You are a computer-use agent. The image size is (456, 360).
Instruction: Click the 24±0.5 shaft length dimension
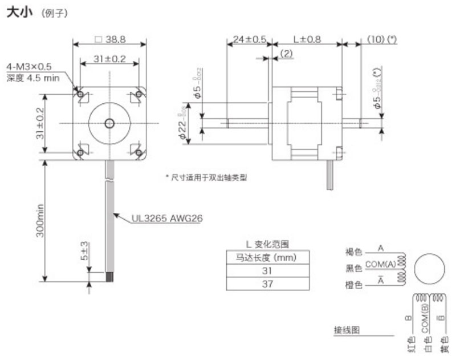[x=249, y=40]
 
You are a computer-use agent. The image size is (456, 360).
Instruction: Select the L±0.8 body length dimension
[x=307, y=40]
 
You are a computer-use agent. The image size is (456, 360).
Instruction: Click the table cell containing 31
[x=268, y=270]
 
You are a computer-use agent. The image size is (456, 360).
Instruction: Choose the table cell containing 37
[x=268, y=283]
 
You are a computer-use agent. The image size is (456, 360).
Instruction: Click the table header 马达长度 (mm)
[x=268, y=258]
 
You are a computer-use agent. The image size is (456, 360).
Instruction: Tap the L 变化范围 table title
[x=268, y=244]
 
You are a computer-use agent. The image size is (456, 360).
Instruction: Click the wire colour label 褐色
[x=353, y=252]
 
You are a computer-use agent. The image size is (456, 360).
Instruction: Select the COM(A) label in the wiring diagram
[x=380, y=264]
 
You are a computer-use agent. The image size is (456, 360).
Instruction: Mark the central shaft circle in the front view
[x=109, y=123]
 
